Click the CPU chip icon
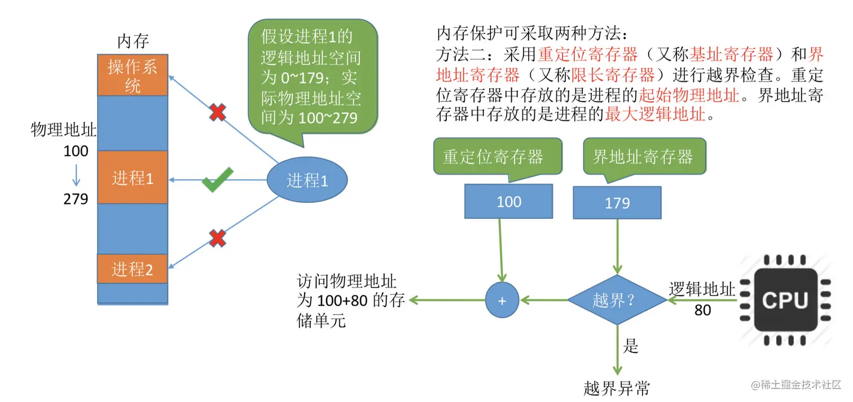click(x=785, y=300)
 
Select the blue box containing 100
click(x=508, y=201)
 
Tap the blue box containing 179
click(x=617, y=202)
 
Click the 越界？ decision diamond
click(x=617, y=300)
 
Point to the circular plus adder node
click(x=502, y=300)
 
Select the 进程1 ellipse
click(x=307, y=180)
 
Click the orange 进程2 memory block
click(x=133, y=269)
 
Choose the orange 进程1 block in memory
click(x=133, y=178)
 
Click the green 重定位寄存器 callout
click(x=493, y=157)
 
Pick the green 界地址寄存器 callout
click(x=643, y=157)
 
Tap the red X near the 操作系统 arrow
click(x=217, y=113)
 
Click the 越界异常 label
click(x=616, y=388)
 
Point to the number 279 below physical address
click(x=76, y=199)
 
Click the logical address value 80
click(x=702, y=310)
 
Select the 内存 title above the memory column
click(x=133, y=41)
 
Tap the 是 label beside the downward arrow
click(x=631, y=346)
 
